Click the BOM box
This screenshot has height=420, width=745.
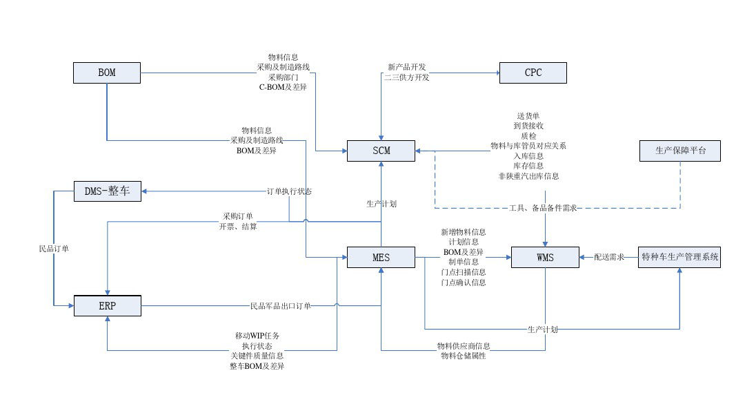click(x=107, y=73)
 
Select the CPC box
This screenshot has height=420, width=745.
click(x=533, y=73)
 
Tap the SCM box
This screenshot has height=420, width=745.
click(x=381, y=151)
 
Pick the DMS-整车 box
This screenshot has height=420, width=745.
click(x=107, y=191)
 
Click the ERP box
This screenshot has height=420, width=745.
click(x=107, y=305)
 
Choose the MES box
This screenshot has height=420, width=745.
click(x=381, y=258)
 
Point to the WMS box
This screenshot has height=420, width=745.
click(x=545, y=258)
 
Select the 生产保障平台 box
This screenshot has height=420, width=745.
click(x=680, y=151)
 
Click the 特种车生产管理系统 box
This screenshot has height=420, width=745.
click(x=680, y=258)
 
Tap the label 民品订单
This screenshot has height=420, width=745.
click(x=54, y=248)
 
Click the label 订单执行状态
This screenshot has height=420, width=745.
click(x=289, y=191)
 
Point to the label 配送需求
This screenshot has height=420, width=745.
click(x=609, y=257)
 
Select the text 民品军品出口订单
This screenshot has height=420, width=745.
click(x=280, y=305)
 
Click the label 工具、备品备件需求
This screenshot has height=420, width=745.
click(x=543, y=208)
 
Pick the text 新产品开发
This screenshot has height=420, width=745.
click(x=407, y=67)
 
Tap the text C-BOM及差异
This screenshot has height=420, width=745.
click(x=283, y=87)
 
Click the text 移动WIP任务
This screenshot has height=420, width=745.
click(x=257, y=336)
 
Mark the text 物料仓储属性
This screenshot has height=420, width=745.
click(x=464, y=356)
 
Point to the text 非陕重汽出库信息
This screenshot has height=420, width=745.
click(x=528, y=176)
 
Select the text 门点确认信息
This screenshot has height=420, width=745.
click(x=464, y=282)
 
